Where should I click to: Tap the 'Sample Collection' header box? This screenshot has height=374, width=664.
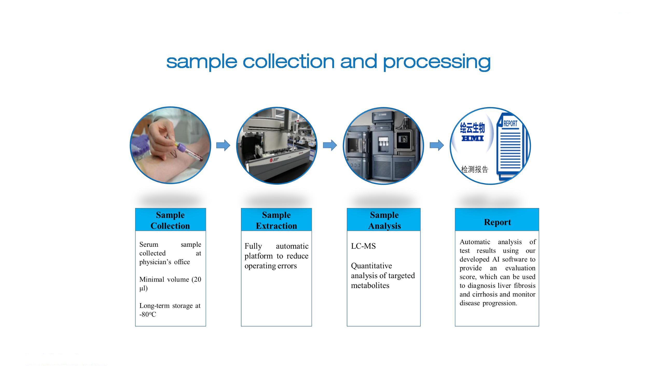pos(170,219)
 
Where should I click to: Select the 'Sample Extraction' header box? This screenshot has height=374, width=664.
pos(276,219)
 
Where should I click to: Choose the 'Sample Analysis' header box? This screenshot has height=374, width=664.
pos(384,219)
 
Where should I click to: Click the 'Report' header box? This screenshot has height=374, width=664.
pos(497,219)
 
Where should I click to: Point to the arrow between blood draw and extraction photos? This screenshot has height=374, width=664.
pos(223,145)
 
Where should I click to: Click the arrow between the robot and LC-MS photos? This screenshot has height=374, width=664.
pos(330,145)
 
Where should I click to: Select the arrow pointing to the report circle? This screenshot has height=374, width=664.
pos(437,145)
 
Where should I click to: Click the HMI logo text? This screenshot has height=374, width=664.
pos(473,138)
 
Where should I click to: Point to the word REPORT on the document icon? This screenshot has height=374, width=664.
pos(510,124)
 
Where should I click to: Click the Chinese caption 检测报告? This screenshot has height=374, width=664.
pos(475,169)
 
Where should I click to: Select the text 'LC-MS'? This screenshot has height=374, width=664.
pos(363,246)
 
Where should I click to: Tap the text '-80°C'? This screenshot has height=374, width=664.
pos(148,314)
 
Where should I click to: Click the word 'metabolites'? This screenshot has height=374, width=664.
pos(370,285)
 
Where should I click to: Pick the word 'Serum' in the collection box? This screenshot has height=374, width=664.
pos(149,244)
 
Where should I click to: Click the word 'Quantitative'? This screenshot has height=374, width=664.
pos(371,266)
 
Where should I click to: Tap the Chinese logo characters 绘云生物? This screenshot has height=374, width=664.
pos(473,128)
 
